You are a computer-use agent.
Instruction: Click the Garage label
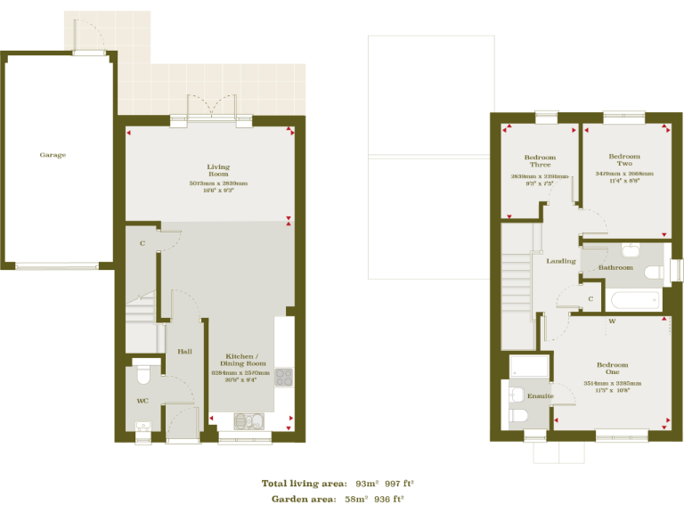tap(53, 155)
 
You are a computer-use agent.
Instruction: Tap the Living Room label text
tap(218, 170)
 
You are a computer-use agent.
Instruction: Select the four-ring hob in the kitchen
tap(283, 377)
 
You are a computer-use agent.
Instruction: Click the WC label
tap(142, 401)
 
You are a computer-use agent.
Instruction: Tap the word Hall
tap(184, 352)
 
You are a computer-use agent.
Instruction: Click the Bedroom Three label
tap(539, 161)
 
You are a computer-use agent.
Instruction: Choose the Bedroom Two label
tap(624, 160)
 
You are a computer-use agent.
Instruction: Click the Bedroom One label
tap(612, 369)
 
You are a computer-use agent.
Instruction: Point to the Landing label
tap(561, 261)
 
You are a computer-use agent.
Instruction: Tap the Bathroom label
tap(615, 267)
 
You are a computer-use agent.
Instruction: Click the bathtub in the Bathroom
tap(633, 299)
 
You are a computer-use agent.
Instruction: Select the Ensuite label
tap(541, 395)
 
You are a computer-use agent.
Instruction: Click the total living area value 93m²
tap(366, 483)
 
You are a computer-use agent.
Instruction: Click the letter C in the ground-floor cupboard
tap(142, 242)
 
